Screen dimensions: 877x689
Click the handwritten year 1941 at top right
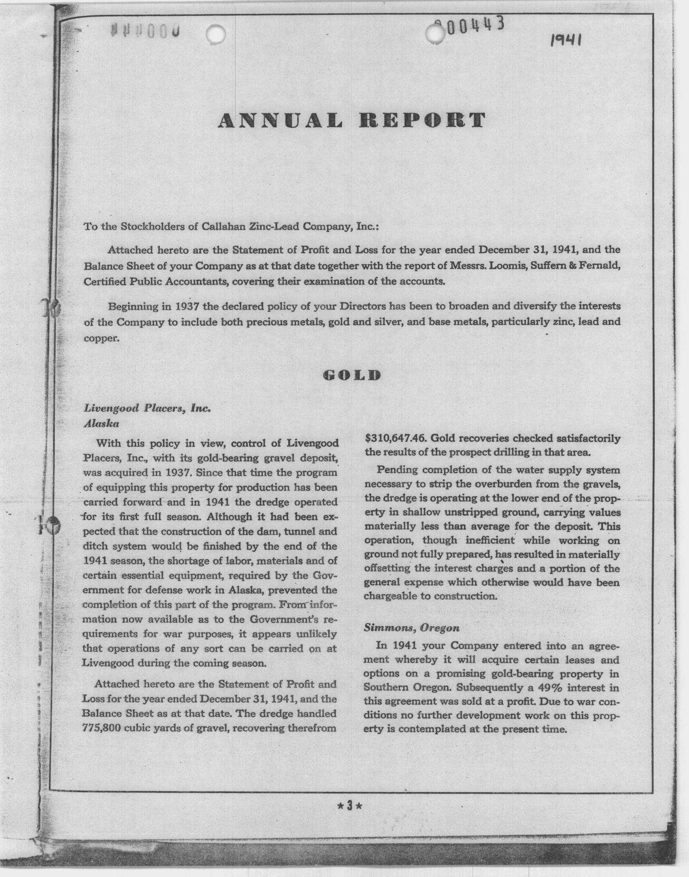point(566,40)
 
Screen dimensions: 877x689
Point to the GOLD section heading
point(352,376)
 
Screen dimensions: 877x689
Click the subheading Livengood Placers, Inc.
point(147,408)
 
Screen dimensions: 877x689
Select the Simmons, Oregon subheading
point(411,627)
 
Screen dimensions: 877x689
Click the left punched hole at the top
point(215,34)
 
